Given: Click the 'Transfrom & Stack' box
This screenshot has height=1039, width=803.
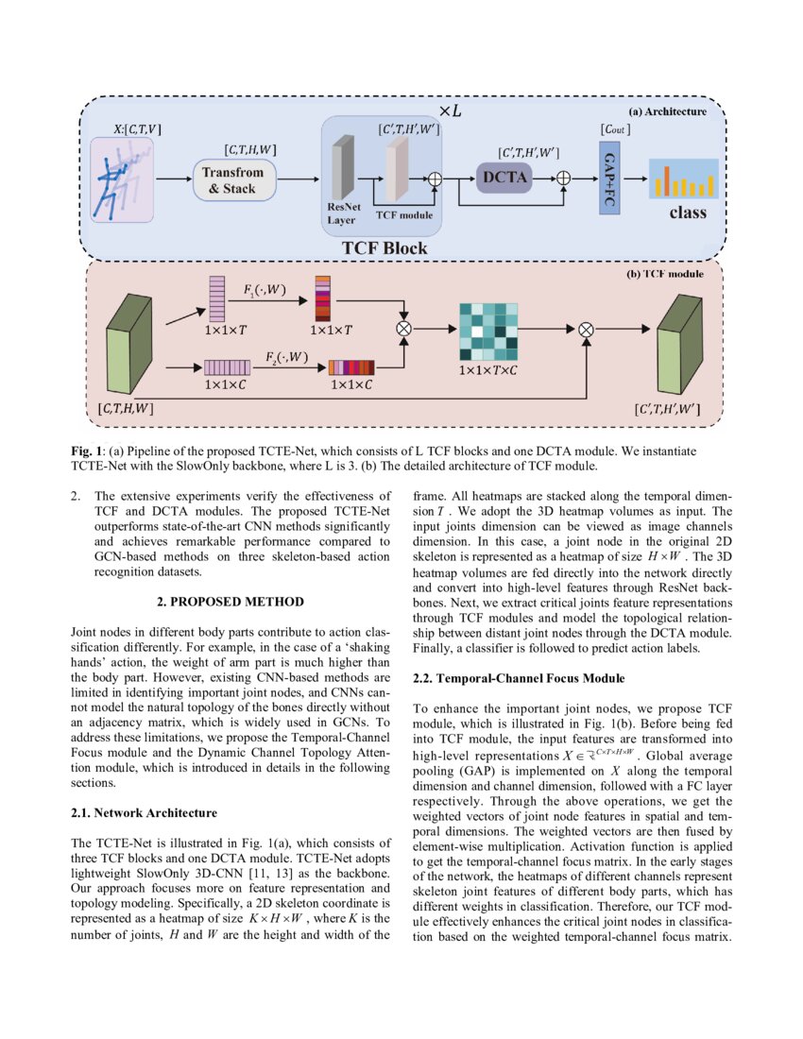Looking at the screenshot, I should click(x=238, y=179).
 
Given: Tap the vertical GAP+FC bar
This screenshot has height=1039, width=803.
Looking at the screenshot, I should click(x=608, y=177).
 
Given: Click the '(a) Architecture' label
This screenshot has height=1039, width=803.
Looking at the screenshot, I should click(x=668, y=111).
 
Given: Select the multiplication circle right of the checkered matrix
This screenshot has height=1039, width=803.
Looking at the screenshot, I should click(x=585, y=330).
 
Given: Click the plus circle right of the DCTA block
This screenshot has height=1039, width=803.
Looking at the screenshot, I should click(x=563, y=177).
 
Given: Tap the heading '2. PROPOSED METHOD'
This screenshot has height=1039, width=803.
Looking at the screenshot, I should click(x=231, y=601).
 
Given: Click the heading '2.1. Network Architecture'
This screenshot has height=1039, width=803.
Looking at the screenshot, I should click(x=145, y=811).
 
